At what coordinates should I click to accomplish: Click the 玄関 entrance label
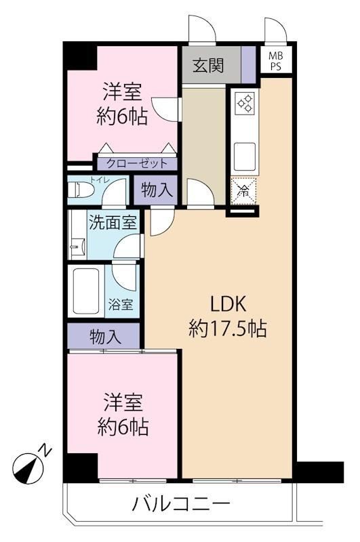(x=208, y=65)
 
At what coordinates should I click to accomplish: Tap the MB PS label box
(x=276, y=61)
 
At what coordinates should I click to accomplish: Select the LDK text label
(x=228, y=304)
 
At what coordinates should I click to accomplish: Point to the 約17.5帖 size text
(x=228, y=329)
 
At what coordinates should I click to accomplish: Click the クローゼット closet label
(x=137, y=163)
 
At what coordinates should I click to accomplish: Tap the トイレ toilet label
(x=100, y=180)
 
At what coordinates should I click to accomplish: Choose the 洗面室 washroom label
(x=113, y=222)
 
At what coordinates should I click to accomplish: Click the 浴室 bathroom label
(x=121, y=304)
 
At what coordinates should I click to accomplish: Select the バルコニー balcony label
(x=181, y=503)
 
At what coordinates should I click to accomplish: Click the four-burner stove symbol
(x=245, y=103)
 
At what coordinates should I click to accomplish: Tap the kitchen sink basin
(x=245, y=154)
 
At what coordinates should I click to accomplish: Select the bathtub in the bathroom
(x=84, y=291)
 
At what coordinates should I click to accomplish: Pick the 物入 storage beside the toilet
(x=156, y=190)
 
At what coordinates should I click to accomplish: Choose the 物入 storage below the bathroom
(x=104, y=336)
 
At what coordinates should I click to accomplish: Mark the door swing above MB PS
(x=276, y=29)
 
